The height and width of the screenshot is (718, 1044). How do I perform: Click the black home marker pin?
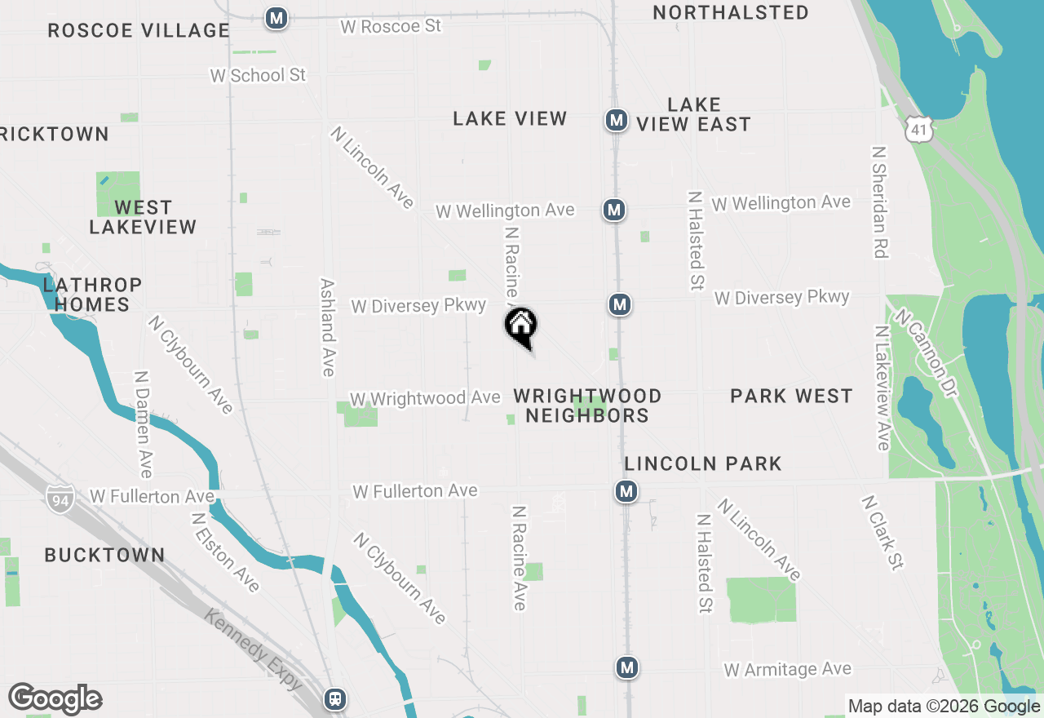click(x=521, y=326)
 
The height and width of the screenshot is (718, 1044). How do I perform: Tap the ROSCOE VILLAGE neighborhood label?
click(x=139, y=31)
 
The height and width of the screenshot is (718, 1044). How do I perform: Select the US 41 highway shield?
click(x=918, y=129)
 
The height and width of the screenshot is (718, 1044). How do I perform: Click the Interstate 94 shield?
click(x=60, y=497)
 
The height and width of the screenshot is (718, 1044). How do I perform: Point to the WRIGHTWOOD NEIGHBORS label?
click(x=587, y=406)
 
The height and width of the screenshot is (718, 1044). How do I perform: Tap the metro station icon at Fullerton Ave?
click(x=626, y=491)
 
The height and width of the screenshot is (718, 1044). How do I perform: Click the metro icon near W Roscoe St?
click(x=276, y=18)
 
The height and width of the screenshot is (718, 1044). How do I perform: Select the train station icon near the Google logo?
click(x=335, y=699)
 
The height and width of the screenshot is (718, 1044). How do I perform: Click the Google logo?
click(x=55, y=699)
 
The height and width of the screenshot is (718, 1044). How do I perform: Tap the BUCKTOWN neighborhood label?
click(x=104, y=556)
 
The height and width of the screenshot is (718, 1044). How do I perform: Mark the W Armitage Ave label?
click(x=787, y=670)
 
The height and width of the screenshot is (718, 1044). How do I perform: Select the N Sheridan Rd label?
click(x=878, y=202)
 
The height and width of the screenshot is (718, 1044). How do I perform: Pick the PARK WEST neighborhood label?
click(x=791, y=397)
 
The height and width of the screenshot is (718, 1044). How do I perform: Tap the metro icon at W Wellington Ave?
click(x=614, y=211)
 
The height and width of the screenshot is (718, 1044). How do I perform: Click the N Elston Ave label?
click(x=225, y=552)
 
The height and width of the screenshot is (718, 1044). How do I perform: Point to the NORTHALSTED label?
click(x=731, y=13)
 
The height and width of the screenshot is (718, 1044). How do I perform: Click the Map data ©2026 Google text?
click(x=944, y=707)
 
